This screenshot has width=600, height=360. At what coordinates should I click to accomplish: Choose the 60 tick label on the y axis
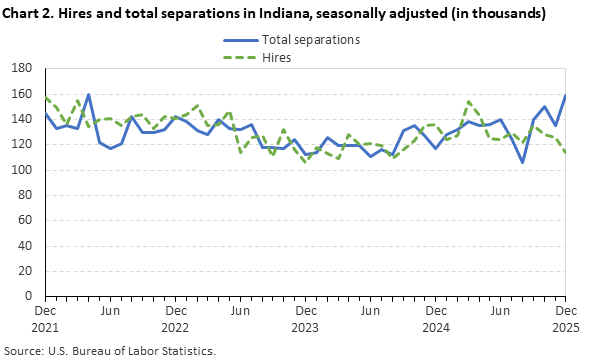click(28, 221)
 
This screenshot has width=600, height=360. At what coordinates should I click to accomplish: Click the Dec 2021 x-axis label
click(45, 319)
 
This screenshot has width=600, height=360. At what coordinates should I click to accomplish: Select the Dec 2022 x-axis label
click(175, 319)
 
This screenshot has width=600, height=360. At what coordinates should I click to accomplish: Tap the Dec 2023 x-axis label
click(305, 319)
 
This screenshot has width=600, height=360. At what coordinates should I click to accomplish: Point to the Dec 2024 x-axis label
click(435, 319)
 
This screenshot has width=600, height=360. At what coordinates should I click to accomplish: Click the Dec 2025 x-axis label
click(565, 319)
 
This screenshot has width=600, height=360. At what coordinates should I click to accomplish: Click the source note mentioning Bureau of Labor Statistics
click(110, 351)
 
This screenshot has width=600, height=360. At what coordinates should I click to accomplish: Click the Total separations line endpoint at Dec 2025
click(565, 97)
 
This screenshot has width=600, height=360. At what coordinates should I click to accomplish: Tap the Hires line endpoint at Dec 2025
click(565, 152)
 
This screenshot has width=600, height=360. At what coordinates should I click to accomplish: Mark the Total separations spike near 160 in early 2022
click(88, 95)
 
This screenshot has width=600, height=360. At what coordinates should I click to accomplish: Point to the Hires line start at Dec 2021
click(45, 97)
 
